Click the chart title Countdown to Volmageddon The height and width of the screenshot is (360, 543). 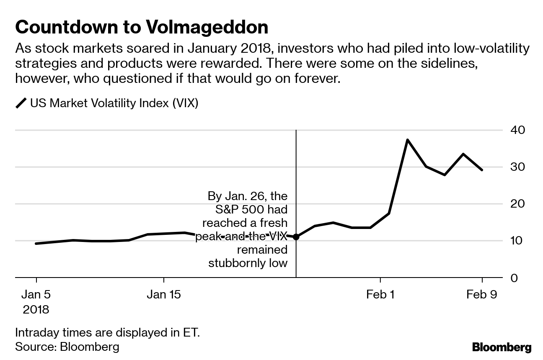point(142,27)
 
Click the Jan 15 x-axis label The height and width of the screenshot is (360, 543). point(163,295)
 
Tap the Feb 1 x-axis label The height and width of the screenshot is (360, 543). point(380,295)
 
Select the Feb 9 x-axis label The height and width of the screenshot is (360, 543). point(482,295)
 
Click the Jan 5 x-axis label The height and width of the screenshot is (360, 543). point(36,295)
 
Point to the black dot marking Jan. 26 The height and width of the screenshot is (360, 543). point(296,237)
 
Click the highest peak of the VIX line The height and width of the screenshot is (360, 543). point(407,140)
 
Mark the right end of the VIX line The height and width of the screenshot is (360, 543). point(482,170)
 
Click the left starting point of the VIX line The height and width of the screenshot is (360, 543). point(36,243)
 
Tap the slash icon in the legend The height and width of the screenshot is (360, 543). point(21,103)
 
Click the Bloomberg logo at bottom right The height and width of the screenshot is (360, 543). point(502,347)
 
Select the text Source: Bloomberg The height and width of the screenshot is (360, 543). point(67,347)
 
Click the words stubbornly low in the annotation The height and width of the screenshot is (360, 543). point(248,263)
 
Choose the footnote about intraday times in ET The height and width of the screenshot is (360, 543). point(107,333)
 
